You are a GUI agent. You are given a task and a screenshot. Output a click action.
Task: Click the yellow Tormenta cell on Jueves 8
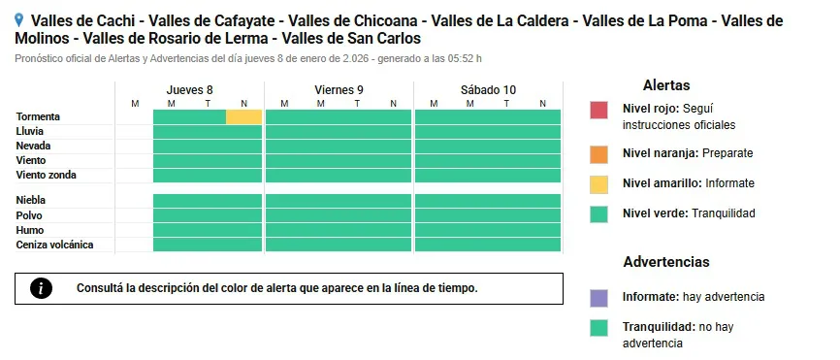[244, 117]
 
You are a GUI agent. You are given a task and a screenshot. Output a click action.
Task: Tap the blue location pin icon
[20, 19]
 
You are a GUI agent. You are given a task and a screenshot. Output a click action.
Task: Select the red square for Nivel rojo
[598, 110]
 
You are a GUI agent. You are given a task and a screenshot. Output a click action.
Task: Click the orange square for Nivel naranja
[598, 153]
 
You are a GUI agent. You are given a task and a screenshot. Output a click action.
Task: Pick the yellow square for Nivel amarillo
[598, 183]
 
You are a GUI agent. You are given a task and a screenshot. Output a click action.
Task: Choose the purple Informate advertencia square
[598, 298]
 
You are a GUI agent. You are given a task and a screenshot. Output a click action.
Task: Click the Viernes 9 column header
[339, 90]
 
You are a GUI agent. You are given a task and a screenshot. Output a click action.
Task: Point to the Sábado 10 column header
[488, 90]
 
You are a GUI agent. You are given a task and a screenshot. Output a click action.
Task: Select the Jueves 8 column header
[189, 90]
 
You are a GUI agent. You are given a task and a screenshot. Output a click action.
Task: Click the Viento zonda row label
[46, 176]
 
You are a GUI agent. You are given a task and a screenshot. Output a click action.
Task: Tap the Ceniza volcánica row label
[54, 245]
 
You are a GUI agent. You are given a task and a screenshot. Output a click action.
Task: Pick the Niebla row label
[31, 200]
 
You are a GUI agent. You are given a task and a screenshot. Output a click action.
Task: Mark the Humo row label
[30, 230]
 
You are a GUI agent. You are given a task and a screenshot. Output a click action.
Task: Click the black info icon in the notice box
[41, 288]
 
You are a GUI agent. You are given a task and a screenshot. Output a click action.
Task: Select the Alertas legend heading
[666, 85]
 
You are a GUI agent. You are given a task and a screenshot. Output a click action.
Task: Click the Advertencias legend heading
[665, 262]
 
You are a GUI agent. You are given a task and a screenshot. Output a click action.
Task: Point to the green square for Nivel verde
[598, 213]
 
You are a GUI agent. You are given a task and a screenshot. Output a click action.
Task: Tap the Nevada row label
[34, 146]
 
